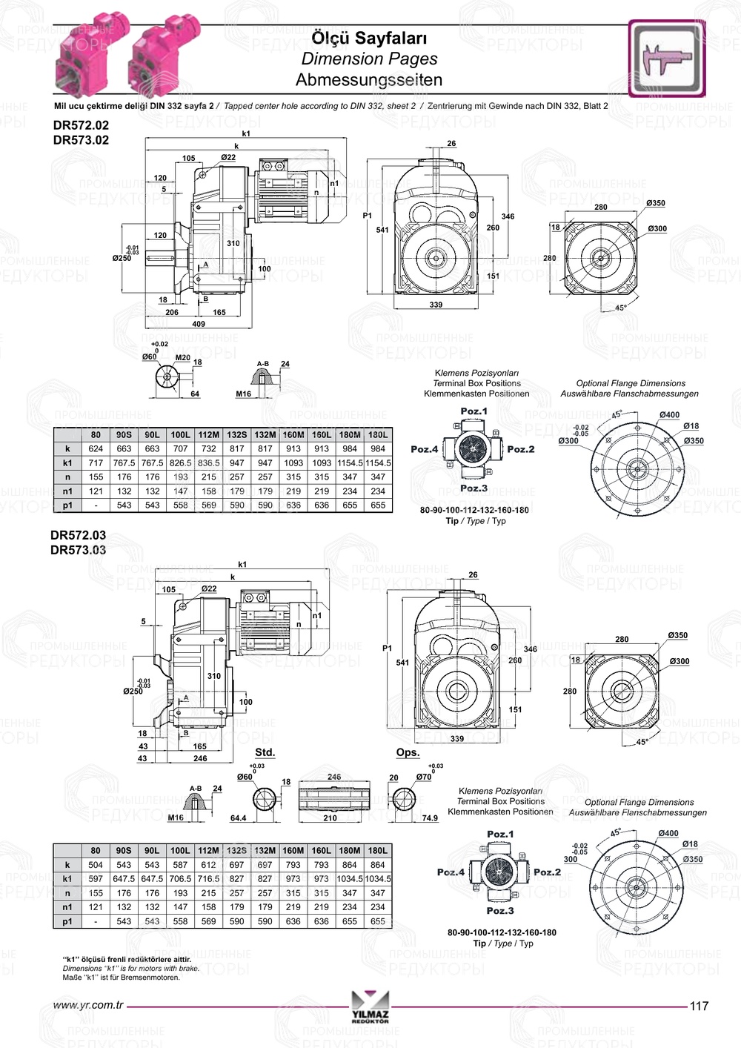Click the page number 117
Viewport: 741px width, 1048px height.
(699, 1006)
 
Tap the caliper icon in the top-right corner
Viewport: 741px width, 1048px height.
(666, 59)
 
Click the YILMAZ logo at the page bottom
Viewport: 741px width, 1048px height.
(370, 1007)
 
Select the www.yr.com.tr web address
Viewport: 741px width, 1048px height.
(87, 1006)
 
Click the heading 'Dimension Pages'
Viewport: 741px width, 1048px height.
(369, 59)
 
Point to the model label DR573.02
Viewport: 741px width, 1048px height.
(81, 140)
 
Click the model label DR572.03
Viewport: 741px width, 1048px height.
(78, 534)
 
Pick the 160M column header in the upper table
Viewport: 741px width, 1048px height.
(293, 434)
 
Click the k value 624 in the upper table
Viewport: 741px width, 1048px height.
(96, 448)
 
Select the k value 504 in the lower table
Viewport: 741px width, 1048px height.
(96, 865)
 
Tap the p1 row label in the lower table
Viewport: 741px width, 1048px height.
(67, 921)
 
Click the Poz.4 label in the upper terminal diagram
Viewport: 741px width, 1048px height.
(424, 449)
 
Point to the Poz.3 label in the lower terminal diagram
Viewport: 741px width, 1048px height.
(500, 910)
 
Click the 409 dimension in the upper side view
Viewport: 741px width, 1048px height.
(199, 323)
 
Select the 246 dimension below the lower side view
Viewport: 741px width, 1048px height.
(199, 758)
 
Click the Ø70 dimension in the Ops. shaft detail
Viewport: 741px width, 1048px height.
(424, 777)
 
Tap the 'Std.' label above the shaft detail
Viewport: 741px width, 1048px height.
(265, 752)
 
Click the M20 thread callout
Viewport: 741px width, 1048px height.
(182, 357)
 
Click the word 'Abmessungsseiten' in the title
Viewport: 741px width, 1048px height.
(369, 80)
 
